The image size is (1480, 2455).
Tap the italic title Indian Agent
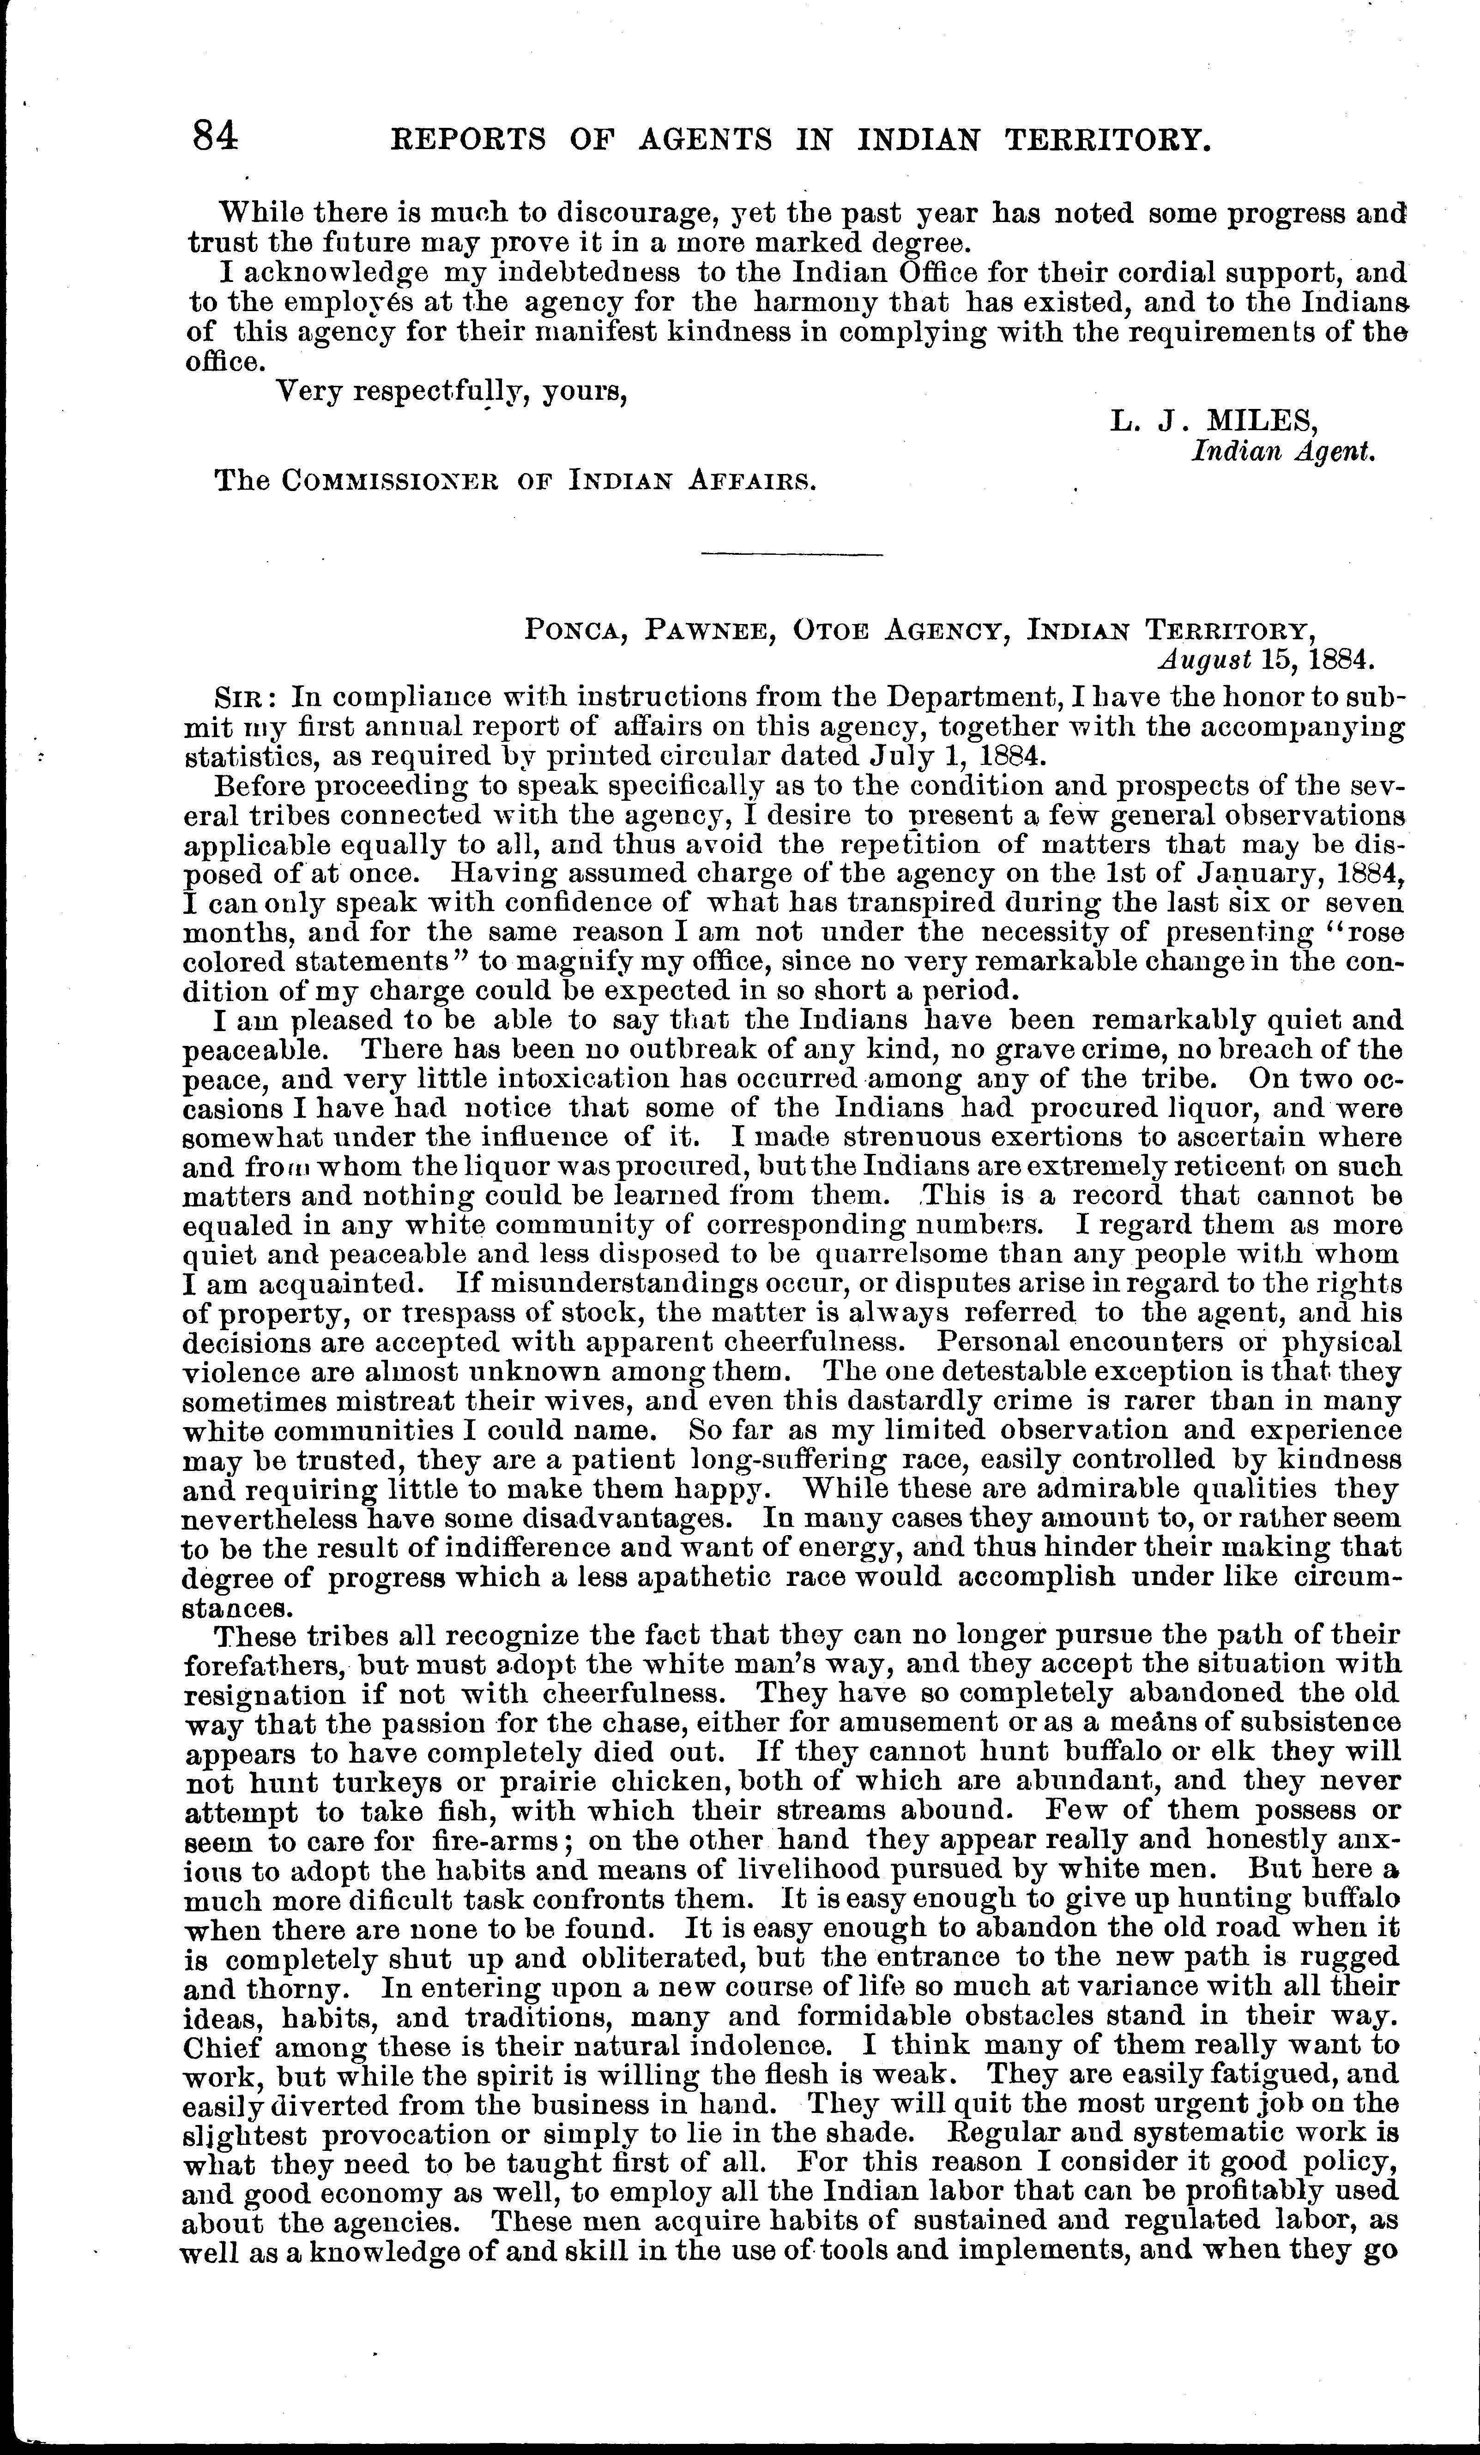[x=1284, y=451]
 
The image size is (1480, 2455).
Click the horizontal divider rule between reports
[x=792, y=553]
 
